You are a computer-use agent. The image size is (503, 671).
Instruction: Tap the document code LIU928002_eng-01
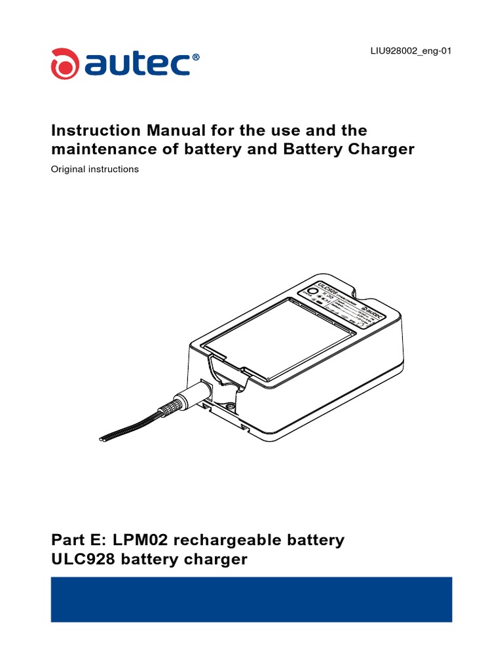pyautogui.click(x=411, y=51)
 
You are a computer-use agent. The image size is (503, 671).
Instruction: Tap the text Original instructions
pyautogui.click(x=95, y=169)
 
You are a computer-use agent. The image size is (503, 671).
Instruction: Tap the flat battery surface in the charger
pyautogui.click(x=282, y=341)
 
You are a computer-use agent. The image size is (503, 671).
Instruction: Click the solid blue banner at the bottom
pyautogui.click(x=251, y=599)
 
